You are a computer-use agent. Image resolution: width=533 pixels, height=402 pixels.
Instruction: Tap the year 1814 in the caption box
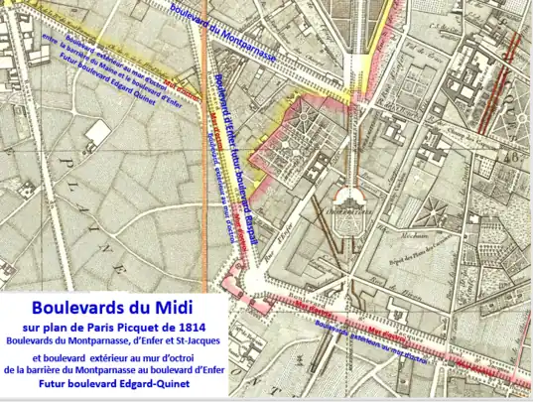coord(190,327)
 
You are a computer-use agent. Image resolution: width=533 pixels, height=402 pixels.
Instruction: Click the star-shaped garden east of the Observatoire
coord(432,208)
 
